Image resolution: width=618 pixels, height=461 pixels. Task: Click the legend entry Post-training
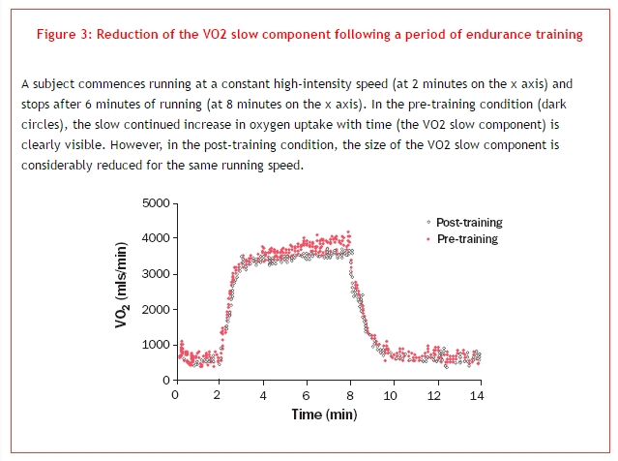tap(469, 223)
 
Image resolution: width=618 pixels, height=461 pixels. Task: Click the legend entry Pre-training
tap(467, 238)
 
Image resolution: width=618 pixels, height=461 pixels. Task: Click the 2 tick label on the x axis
tap(219, 395)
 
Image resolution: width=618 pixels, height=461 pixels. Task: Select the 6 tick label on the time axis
tap(306, 395)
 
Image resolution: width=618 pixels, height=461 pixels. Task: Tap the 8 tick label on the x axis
tap(349, 395)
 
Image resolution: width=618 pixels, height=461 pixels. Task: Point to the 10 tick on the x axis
tap(393, 395)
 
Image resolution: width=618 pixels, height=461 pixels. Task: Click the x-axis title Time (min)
tap(324, 415)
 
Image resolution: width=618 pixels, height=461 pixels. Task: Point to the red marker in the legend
tap(416, 238)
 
